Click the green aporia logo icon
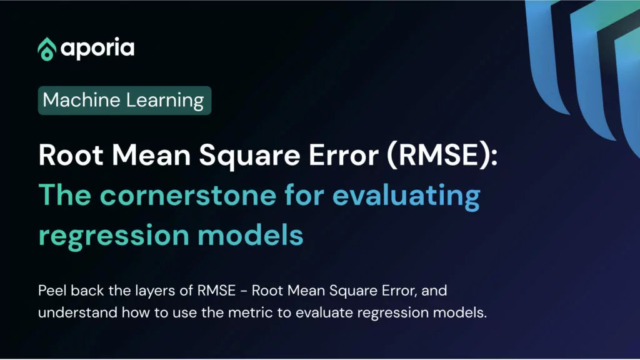click(x=47, y=49)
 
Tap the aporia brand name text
click(x=97, y=49)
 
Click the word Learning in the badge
click(x=165, y=101)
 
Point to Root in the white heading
click(x=71, y=155)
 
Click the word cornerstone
click(x=188, y=195)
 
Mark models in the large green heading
click(x=251, y=235)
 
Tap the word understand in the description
click(x=77, y=312)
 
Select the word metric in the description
click(x=251, y=312)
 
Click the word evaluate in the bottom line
click(x=324, y=312)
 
